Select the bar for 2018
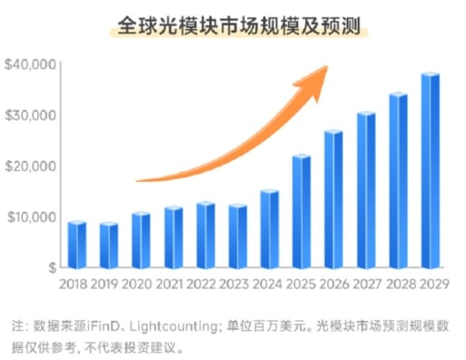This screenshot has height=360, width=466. point(77,245)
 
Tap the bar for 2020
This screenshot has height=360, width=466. point(141,241)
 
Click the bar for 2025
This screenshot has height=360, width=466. point(302,214)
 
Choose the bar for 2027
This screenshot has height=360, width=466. point(366,191)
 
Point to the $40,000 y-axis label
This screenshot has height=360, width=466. point(31,65)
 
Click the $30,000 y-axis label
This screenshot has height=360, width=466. point(31,115)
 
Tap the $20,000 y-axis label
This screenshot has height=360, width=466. point(31,166)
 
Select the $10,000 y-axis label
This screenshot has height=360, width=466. point(31,217)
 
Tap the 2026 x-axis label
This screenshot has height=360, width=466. point(334,285)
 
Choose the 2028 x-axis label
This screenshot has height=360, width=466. point(399,285)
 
